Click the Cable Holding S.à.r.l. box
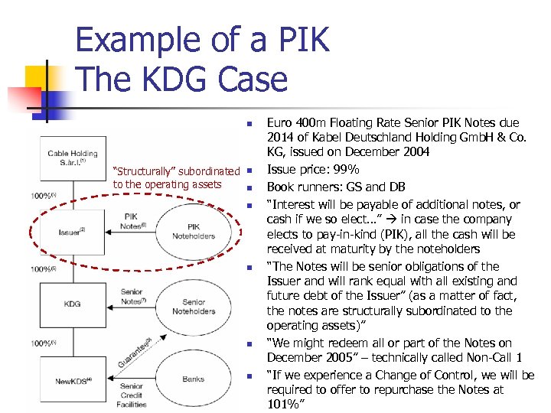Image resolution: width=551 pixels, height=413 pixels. (x=72, y=158)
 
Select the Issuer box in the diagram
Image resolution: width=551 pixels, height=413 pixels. (x=72, y=231)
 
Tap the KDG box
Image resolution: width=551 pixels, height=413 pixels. (x=72, y=304)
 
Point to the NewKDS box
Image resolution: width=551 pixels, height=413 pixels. (x=72, y=380)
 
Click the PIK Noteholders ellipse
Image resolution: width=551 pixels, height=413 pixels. (x=194, y=231)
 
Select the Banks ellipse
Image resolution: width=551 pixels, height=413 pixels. (x=194, y=379)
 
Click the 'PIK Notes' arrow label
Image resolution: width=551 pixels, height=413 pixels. (x=132, y=221)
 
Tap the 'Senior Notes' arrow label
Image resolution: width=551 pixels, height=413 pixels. (x=132, y=296)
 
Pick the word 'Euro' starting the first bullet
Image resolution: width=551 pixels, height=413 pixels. (x=279, y=122)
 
